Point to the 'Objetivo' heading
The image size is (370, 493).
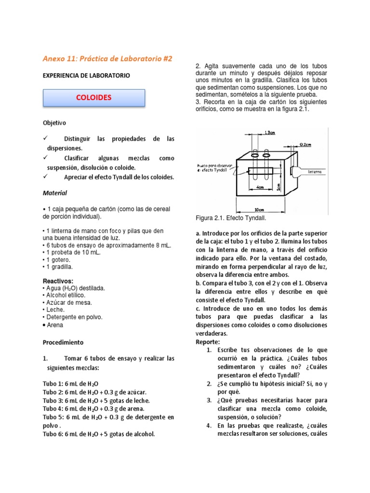tap(55, 123)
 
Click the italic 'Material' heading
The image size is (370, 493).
tap(55, 193)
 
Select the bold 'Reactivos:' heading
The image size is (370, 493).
tap(58, 281)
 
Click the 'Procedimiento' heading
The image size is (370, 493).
tap(63, 342)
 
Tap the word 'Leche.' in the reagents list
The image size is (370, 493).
tap(55, 310)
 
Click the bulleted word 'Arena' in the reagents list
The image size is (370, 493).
tap(55, 324)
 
